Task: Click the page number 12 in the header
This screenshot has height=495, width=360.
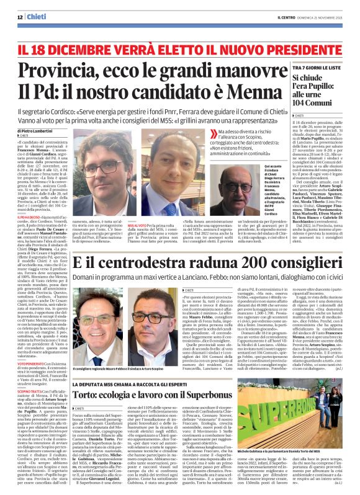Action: pos(20,17)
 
